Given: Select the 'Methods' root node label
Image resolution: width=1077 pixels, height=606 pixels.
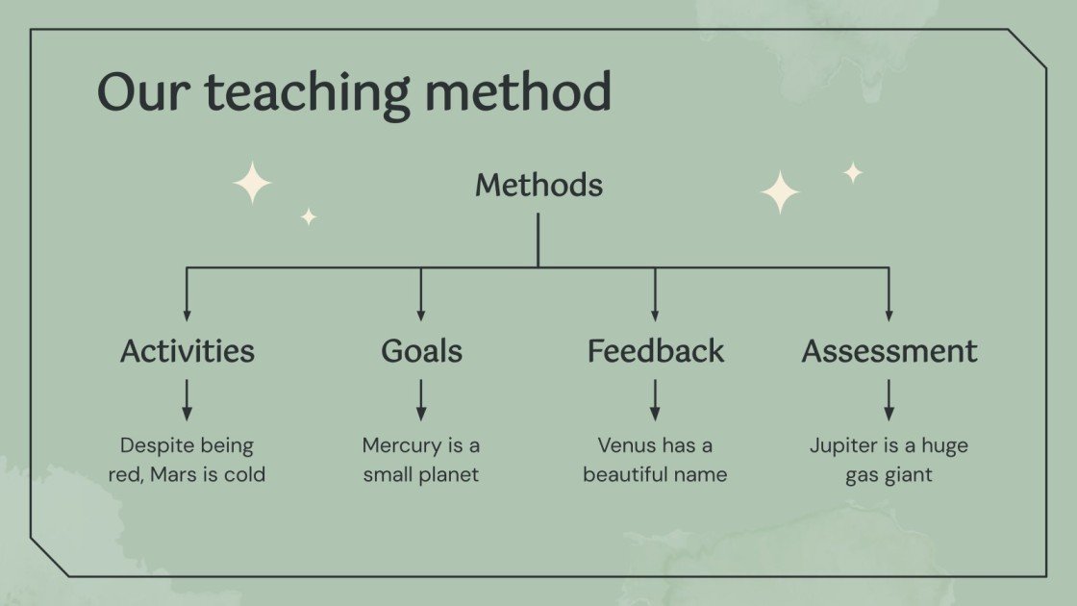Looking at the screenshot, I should (x=538, y=185).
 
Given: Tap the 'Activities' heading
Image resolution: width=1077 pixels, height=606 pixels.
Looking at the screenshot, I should (x=188, y=351).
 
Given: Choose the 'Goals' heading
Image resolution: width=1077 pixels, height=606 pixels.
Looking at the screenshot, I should (x=421, y=351).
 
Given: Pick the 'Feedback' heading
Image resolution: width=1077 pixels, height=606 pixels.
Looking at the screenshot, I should (x=655, y=351).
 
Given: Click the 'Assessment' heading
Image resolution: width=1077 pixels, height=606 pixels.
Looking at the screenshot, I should (x=889, y=351).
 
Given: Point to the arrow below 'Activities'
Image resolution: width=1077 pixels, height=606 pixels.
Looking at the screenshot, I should (x=188, y=399).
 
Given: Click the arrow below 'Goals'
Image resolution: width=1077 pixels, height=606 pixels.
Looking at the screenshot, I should (x=421, y=399).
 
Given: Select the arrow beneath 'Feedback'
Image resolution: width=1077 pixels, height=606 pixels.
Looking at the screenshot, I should (x=655, y=399).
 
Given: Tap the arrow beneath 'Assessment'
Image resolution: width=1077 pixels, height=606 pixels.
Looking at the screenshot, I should (x=889, y=399).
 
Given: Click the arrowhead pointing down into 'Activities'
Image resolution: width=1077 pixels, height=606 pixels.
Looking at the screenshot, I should (x=188, y=314).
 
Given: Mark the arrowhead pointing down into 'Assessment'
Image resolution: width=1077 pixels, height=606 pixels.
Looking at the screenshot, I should (x=889, y=314).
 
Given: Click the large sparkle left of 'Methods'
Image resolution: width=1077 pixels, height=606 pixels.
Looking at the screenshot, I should (x=252, y=183).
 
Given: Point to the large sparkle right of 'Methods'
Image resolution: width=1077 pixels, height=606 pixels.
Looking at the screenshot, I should (x=780, y=192).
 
